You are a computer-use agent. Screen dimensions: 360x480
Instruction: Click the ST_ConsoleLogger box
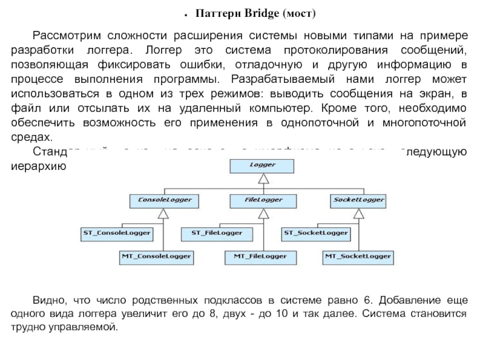[116, 232]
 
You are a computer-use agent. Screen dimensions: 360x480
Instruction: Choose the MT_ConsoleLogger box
[156, 256]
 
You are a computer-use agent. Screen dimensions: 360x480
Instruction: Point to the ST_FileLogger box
[217, 232]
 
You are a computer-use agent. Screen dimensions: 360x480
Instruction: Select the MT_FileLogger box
[260, 256]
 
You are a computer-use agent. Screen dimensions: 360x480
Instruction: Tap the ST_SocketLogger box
[316, 232]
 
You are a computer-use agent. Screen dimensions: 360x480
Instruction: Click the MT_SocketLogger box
[358, 256]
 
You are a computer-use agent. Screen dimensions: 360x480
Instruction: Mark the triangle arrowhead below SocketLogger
[358, 212]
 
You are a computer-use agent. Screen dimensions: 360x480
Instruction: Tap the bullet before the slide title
[187, 13]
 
